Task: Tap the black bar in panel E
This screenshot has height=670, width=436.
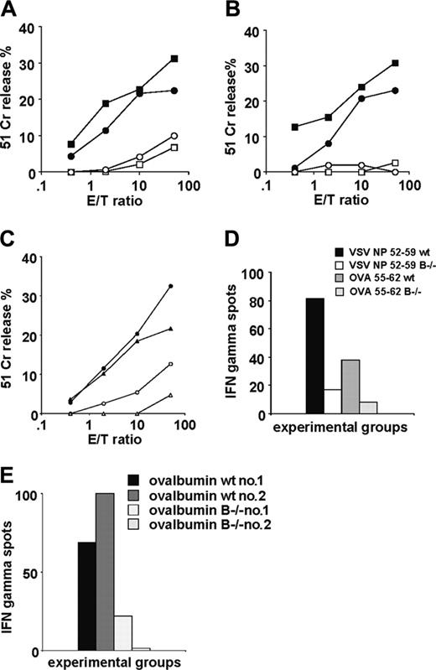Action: [x=86, y=596]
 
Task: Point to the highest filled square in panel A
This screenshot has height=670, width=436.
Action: [x=174, y=59]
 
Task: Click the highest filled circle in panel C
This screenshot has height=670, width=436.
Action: [x=170, y=286]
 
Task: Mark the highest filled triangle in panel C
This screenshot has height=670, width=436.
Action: [x=170, y=329]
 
